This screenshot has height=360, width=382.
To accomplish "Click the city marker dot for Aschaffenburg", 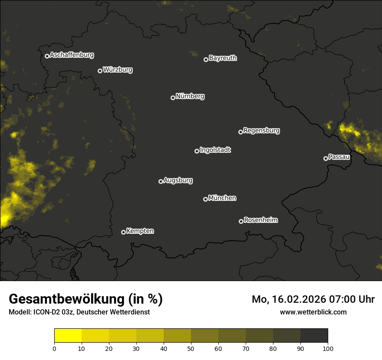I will click(x=47, y=56).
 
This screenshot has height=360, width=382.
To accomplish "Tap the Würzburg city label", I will click(x=118, y=69).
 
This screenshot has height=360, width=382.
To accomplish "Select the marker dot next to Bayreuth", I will click(x=206, y=59).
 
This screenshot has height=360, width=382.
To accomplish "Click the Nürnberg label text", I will click(x=190, y=96).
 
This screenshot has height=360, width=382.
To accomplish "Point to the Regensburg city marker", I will click(x=240, y=132).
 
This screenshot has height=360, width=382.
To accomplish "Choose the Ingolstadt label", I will click(x=215, y=150).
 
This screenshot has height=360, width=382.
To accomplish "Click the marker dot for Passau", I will click(x=326, y=158).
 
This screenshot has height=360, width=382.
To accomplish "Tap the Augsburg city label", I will click(x=178, y=180).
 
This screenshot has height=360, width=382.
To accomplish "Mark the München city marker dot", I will click(x=205, y=199).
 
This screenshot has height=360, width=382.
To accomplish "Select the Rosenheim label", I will click(x=260, y=220).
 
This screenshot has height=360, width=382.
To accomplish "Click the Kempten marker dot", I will click(x=123, y=232).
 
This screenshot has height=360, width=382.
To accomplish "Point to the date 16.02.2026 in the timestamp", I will click(x=296, y=299).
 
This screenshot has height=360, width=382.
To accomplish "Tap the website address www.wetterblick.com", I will click(x=313, y=312).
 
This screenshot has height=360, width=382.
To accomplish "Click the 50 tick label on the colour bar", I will click(x=191, y=348).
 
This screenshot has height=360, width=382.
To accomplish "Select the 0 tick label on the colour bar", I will click(x=54, y=348).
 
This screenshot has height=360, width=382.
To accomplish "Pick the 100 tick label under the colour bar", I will click(x=328, y=348).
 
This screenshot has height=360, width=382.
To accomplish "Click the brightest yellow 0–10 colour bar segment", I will click(x=68, y=335).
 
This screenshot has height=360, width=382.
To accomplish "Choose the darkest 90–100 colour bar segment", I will click(x=314, y=335).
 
